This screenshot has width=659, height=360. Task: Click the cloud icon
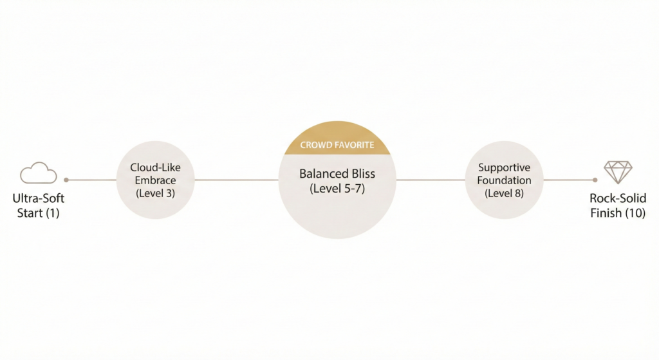[39, 173]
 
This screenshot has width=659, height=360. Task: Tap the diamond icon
[618, 173]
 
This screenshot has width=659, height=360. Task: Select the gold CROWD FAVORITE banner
[337, 146]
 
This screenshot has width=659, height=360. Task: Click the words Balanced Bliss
[337, 174]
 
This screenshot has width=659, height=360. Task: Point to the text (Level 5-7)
[337, 189]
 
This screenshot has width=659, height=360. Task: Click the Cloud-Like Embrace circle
[155, 180]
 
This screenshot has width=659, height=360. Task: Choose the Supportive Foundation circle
[504, 180]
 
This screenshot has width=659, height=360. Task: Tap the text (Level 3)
[155, 193]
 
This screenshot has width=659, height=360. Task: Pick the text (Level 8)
[504, 193]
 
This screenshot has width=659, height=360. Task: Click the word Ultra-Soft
[39, 200]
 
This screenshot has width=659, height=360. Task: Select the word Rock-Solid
[618, 200]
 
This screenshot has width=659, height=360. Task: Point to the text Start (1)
[39, 213]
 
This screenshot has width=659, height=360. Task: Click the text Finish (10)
[618, 213]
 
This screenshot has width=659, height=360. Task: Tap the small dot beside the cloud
[66, 180]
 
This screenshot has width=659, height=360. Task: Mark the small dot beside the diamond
[595, 180]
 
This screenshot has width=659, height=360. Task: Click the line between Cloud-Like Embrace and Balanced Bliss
[236, 180]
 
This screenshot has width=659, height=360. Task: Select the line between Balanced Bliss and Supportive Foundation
[430, 180]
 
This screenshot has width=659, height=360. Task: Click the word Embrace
[155, 180]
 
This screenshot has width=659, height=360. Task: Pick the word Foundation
[504, 180]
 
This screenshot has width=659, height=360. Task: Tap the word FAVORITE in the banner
[354, 146]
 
